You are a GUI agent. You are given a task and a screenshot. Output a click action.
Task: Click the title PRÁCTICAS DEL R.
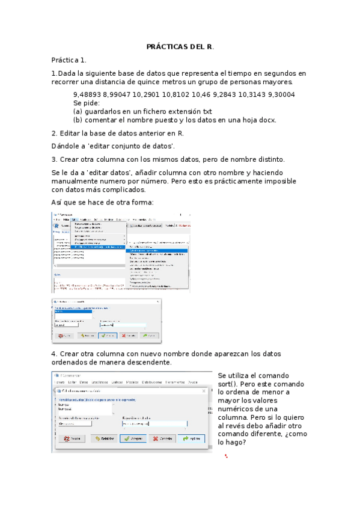pyautogui.click(x=180, y=47)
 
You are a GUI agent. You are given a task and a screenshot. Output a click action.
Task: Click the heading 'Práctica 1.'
pyautogui.click(x=69, y=60)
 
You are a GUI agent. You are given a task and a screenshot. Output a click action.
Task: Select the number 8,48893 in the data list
pyautogui.click(x=87, y=95)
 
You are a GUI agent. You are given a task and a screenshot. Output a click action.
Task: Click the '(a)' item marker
pyautogui.click(x=78, y=111)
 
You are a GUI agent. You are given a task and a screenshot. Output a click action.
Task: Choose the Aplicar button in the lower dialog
pyautogui.click(x=191, y=438)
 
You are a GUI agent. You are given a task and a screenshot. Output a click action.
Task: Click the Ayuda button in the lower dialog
pyautogui.click(x=71, y=438)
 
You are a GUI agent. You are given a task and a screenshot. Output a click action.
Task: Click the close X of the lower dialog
pyautogui.click(x=204, y=391)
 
